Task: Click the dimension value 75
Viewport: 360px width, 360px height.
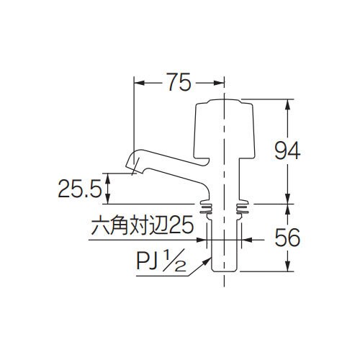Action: (x=178, y=83)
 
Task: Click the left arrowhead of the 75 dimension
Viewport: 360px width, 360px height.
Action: (x=138, y=84)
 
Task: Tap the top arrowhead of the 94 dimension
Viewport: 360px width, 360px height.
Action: (x=288, y=103)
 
